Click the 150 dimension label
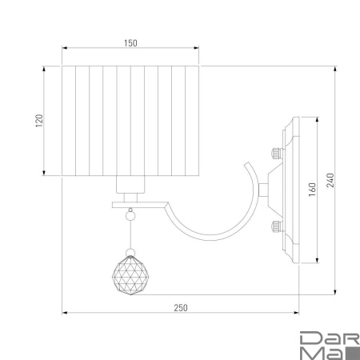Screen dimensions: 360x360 coord(130,43)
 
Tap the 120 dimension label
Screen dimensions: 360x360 coord(39,121)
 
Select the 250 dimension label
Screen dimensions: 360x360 coord(181,308)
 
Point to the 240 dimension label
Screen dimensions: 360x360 coord(330,180)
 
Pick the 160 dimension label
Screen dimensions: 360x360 coord(312,190)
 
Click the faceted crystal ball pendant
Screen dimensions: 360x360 coord(130,275)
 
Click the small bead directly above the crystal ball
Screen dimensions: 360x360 coord(130,252)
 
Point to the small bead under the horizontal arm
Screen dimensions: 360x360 coord(130,215)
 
